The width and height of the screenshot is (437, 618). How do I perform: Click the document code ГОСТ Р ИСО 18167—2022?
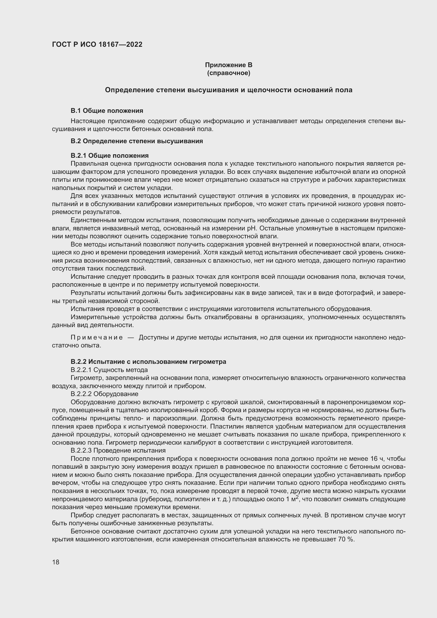97,44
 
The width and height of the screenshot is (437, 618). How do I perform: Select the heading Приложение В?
229,65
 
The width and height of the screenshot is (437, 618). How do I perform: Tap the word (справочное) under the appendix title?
229,73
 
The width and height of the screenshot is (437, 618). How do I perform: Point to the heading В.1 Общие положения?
107,111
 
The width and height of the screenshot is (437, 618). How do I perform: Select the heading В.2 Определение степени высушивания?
137,141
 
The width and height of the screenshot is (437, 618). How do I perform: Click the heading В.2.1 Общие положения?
110,156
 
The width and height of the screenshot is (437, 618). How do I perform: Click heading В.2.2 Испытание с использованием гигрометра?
148,362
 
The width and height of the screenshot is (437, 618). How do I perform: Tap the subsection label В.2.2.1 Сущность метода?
109,370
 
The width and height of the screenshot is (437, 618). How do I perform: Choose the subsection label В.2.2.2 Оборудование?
104,394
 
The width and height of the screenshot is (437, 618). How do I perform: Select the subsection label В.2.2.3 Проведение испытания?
118,450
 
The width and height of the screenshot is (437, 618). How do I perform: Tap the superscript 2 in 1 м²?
297,497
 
